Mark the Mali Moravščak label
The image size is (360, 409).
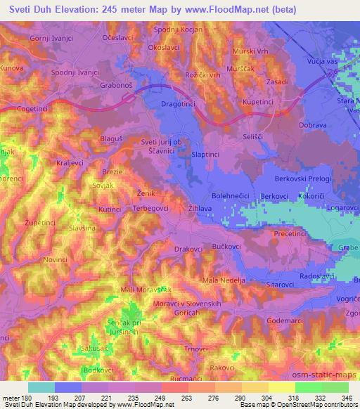tap(137, 289)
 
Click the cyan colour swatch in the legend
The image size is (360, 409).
tap(41, 387)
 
